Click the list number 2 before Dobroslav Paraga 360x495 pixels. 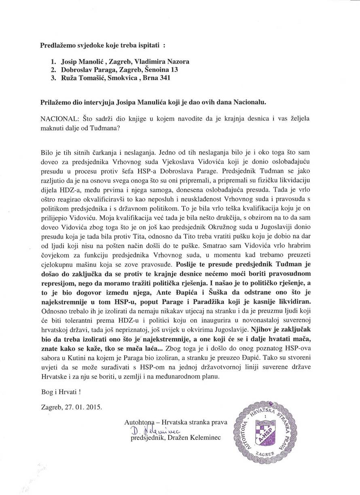click(53, 70)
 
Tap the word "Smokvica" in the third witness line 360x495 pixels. click(125, 78)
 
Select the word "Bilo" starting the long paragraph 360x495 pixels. click(48, 153)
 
